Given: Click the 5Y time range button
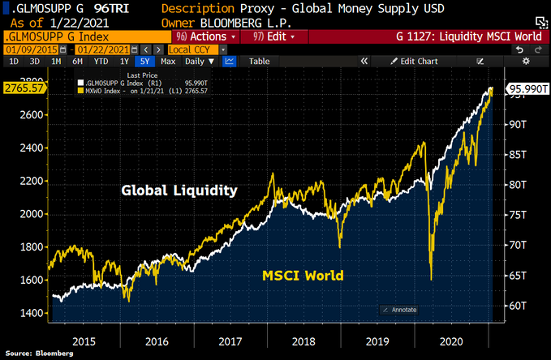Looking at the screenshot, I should click(x=144, y=61).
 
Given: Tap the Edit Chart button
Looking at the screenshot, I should click(x=413, y=61).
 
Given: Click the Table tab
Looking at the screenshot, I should click(x=259, y=61).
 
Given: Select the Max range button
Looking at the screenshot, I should click(x=168, y=61).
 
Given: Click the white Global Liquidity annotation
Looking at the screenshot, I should click(x=179, y=191).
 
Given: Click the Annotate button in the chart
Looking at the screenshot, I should click(x=400, y=310).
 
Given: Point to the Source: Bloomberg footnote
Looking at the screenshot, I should click(x=40, y=354).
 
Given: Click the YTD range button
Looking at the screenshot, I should click(x=101, y=61).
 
